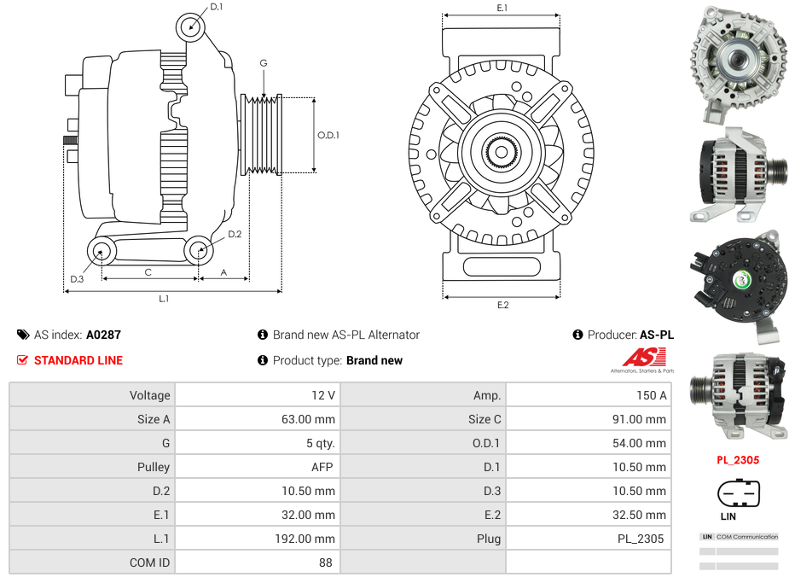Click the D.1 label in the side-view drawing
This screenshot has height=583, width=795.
pyautogui.click(x=216, y=7)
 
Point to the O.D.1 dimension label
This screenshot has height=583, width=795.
pyautogui.click(x=328, y=135)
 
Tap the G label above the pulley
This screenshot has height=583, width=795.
pyautogui.click(x=264, y=63)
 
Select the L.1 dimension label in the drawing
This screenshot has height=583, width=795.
pyautogui.click(x=164, y=299)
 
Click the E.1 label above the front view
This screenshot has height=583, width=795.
pyautogui.click(x=502, y=8)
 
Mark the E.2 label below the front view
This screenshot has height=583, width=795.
pyautogui.click(x=502, y=305)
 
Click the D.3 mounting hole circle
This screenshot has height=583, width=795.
pyautogui.click(x=102, y=251)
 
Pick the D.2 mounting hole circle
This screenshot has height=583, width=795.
pyautogui.click(x=199, y=250)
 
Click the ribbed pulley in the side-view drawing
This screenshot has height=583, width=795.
pyautogui.click(x=262, y=135)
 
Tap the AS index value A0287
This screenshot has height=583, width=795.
pyautogui.click(x=103, y=335)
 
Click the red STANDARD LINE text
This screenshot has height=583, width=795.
pyautogui.click(x=78, y=360)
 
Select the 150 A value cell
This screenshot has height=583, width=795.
pyautogui.click(x=588, y=395)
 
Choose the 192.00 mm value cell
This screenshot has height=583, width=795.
pyautogui.click(x=257, y=539)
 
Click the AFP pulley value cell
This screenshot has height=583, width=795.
pyautogui.click(x=257, y=467)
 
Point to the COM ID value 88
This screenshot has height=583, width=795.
pyautogui.click(x=257, y=563)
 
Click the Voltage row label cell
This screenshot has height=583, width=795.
pyautogui.click(x=92, y=395)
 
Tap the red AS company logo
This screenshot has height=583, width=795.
pyautogui.click(x=639, y=359)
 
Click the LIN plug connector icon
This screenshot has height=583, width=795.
pyautogui.click(x=739, y=493)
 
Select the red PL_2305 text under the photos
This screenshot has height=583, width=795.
pyautogui.click(x=738, y=460)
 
